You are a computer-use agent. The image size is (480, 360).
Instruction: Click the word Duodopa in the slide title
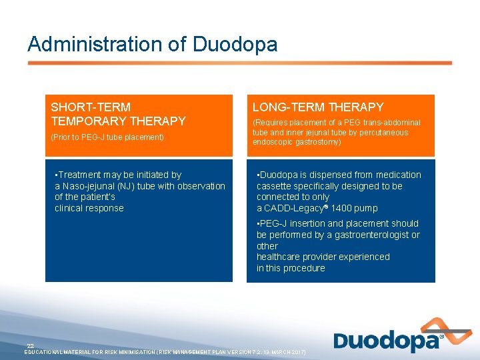point(235,45)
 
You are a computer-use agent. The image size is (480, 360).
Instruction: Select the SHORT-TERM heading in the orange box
point(91,107)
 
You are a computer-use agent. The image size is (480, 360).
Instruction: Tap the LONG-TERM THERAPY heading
point(318,107)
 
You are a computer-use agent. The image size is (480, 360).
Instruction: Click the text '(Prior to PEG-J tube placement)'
point(107,137)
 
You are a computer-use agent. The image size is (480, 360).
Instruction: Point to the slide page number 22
point(30,345)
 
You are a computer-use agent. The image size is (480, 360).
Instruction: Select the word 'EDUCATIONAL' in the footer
point(45,351)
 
